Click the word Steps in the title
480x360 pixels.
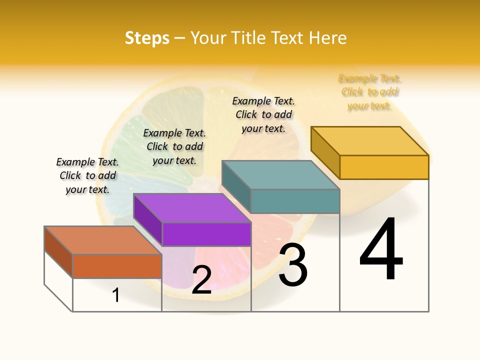click(147, 38)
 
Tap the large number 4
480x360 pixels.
click(381, 250)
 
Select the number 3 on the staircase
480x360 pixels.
click(293, 265)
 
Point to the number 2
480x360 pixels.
click(201, 280)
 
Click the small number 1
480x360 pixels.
click(115, 295)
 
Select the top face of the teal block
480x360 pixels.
click(280, 174)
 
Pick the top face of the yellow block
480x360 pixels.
click(369, 140)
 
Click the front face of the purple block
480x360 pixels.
click(206, 234)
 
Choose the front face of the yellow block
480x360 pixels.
click(384, 167)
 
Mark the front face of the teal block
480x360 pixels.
click(295, 201)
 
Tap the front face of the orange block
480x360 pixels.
click(117, 266)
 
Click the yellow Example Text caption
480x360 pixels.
click(370, 92)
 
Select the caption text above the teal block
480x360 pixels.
click(263, 114)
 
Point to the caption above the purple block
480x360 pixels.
click(174, 146)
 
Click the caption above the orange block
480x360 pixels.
click(87, 175)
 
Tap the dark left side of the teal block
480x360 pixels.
click(236, 187)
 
